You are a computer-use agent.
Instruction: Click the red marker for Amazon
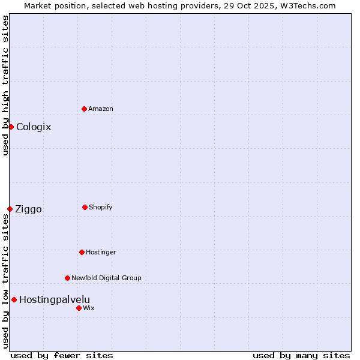[85, 109]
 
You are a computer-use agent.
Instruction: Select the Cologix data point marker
[11, 127]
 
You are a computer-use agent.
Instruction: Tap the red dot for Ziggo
[10, 209]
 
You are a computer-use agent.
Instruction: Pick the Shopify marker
[85, 207]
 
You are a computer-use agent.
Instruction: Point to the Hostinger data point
[82, 252]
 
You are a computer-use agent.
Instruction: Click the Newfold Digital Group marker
[67, 278]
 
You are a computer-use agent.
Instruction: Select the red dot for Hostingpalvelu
[14, 299]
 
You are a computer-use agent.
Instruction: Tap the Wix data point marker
[79, 308]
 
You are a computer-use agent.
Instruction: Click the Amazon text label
[101, 109]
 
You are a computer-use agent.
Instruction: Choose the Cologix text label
[34, 127]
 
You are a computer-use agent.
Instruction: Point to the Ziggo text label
[28, 209]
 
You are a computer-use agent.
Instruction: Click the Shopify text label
[101, 207]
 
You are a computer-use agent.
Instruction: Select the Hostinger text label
[101, 252]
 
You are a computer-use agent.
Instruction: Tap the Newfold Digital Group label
[106, 278]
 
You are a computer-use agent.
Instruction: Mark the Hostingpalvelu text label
[55, 299]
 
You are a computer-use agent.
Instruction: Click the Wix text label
[89, 308]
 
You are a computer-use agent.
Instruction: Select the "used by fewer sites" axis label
[62, 355]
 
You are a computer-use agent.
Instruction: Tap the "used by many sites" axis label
[301, 355]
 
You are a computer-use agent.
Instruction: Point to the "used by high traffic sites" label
[5, 85]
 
